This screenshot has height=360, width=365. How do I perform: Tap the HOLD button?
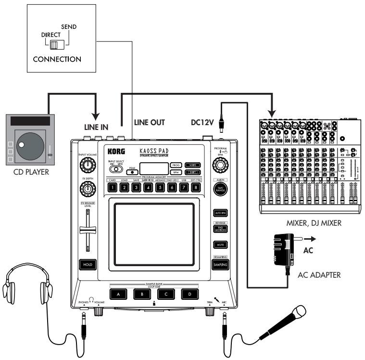(87, 264)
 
